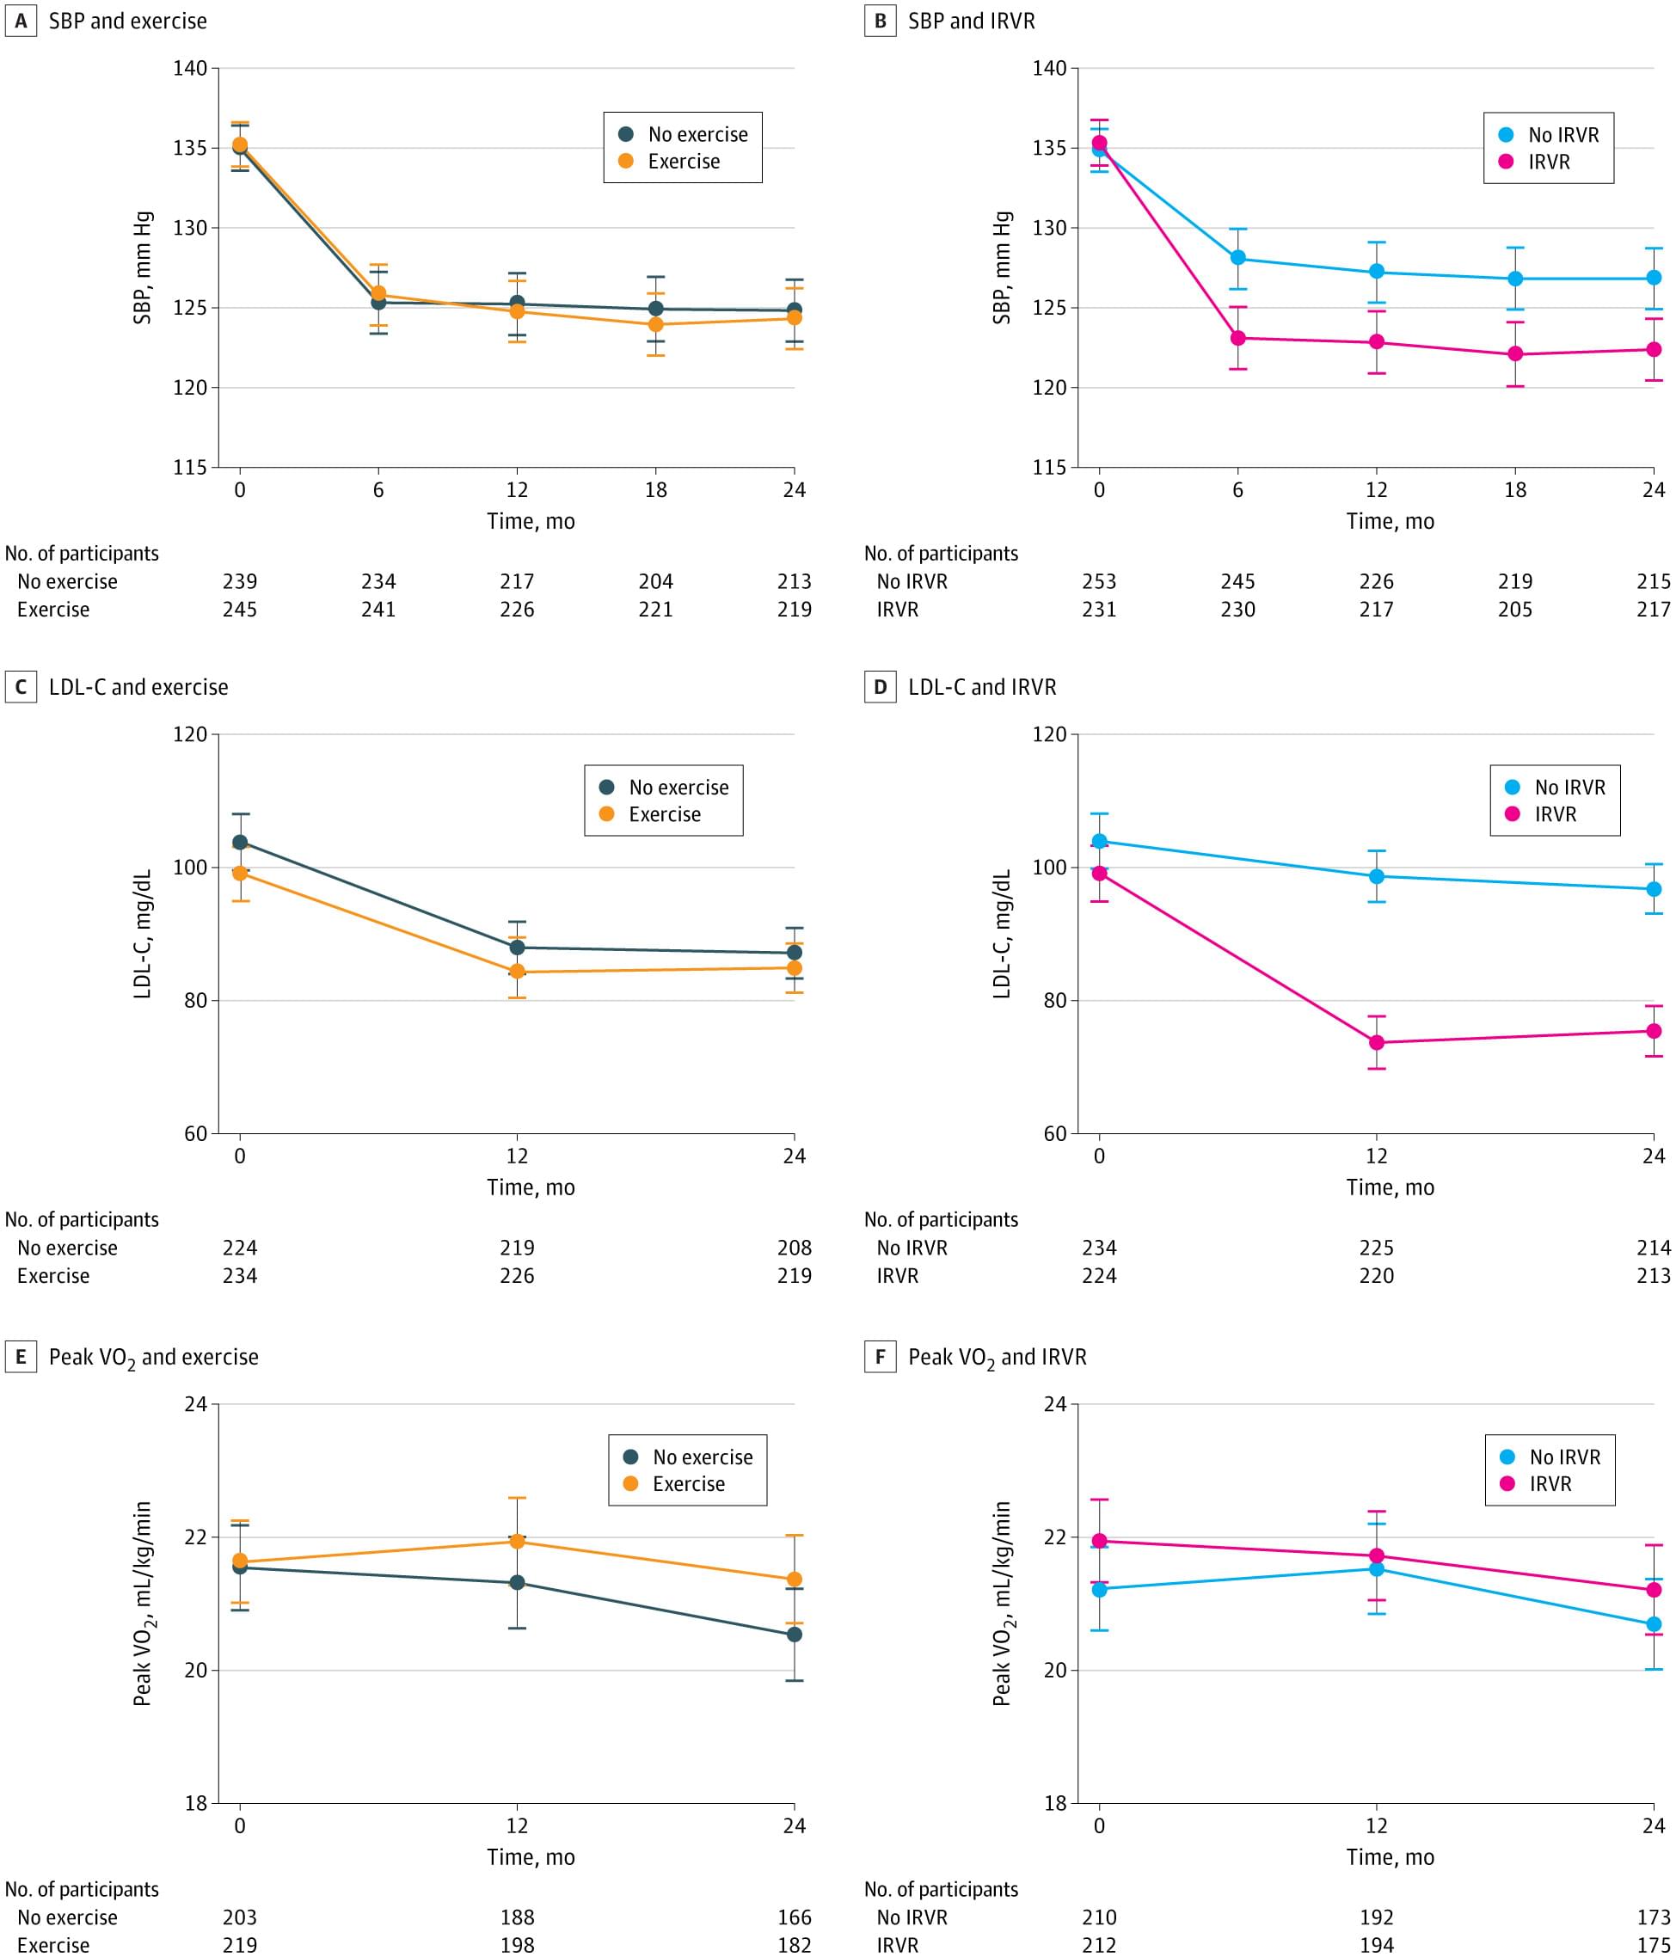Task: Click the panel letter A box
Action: pos(21,21)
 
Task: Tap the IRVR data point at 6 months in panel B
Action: pos(1237,338)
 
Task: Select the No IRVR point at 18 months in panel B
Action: pos(1515,279)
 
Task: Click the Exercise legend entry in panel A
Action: pos(683,162)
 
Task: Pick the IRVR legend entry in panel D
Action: pos(1554,814)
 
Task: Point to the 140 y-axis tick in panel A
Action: pos(190,68)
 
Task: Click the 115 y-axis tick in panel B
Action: pos(1050,468)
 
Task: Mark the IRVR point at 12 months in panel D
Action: pos(1377,1043)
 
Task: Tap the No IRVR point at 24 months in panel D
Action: pos(1655,890)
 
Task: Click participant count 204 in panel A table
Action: pos(655,582)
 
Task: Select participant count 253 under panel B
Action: pos(1099,582)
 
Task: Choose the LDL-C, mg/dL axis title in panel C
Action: pos(143,934)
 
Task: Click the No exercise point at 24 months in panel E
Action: pos(795,1634)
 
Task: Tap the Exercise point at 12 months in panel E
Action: pos(517,1542)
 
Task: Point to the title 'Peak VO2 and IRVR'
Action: pos(997,1357)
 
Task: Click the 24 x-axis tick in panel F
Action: pos(1654,1825)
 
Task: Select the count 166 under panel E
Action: pos(795,1917)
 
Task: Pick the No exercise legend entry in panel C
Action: pos(678,788)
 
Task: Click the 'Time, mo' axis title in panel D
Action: pos(1390,1187)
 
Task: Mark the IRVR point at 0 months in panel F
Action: pos(1099,1541)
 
